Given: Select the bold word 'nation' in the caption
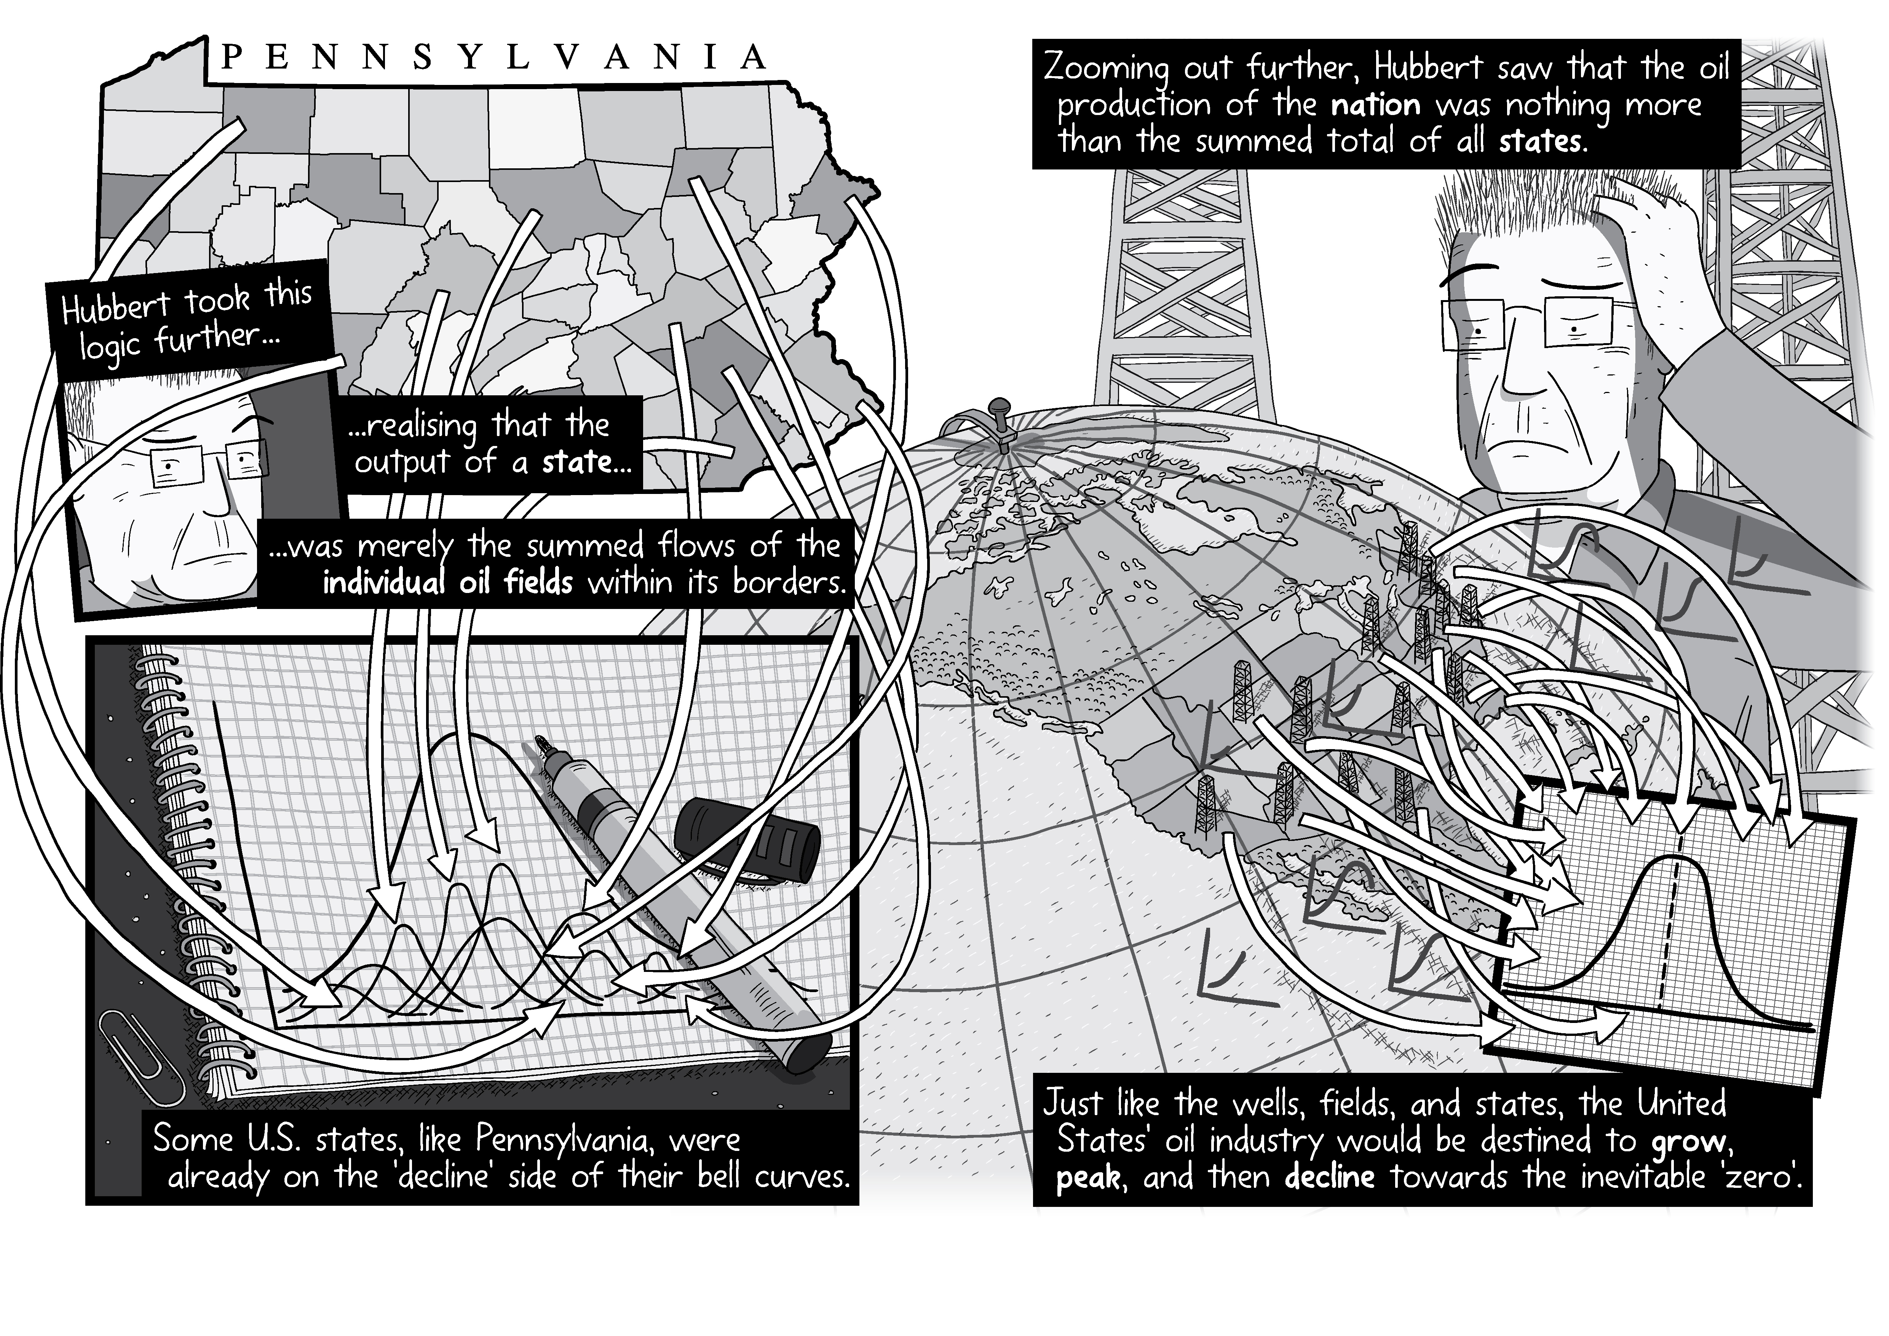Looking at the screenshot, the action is tap(1376, 105).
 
